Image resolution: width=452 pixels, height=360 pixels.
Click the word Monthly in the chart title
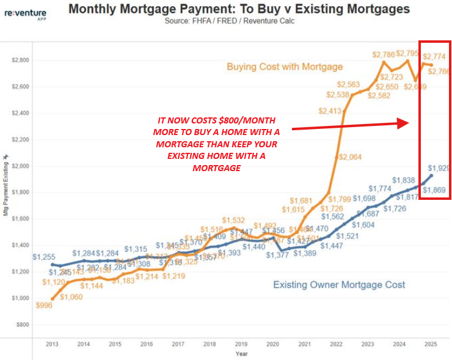tap(93, 9)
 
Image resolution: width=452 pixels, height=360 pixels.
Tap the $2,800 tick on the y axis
tap(20, 61)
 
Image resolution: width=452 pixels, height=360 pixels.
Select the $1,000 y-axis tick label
tap(20, 298)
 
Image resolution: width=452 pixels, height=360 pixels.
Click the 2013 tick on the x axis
tap(52, 345)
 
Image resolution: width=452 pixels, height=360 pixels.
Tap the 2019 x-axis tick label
tap(241, 345)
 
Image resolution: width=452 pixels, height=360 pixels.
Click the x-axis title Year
tap(242, 354)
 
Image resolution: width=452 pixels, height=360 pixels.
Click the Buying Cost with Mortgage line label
tap(285, 67)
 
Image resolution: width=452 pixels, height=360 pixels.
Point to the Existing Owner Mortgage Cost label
tap(339, 285)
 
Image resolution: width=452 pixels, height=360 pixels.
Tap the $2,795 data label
tap(408, 54)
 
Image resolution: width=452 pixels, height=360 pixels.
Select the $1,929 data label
tap(439, 168)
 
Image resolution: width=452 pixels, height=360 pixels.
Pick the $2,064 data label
tap(350, 158)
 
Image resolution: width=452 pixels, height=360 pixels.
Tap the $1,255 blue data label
tap(44, 257)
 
